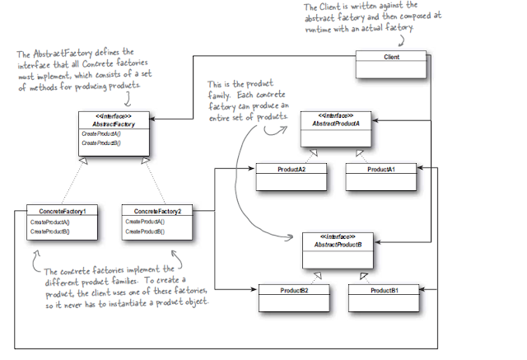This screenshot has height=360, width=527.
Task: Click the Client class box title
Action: pyautogui.click(x=391, y=57)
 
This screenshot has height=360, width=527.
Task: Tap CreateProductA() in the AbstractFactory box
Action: pyautogui.click(x=100, y=133)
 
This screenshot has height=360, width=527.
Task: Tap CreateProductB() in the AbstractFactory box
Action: pyautogui.click(x=100, y=143)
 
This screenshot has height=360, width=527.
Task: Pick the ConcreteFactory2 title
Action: pyautogui.click(x=156, y=211)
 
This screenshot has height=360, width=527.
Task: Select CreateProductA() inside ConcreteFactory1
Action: pyautogui.click(x=50, y=222)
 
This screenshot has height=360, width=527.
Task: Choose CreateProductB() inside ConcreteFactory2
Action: pyautogui.click(x=145, y=231)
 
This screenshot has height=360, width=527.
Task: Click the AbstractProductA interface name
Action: pyautogui.click(x=334, y=123)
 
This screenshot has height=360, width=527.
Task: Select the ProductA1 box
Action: pyautogui.click(x=380, y=169)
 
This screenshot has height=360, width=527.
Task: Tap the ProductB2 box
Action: pyautogui.click(x=294, y=291)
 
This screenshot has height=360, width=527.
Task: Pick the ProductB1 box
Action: pyautogui.click(x=384, y=291)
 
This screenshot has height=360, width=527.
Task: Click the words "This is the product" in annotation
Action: pyautogui.click(x=240, y=86)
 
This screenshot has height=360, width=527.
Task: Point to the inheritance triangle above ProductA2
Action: pyautogui.click(x=314, y=154)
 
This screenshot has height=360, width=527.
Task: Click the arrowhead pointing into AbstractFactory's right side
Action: pyautogui.click(x=152, y=119)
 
